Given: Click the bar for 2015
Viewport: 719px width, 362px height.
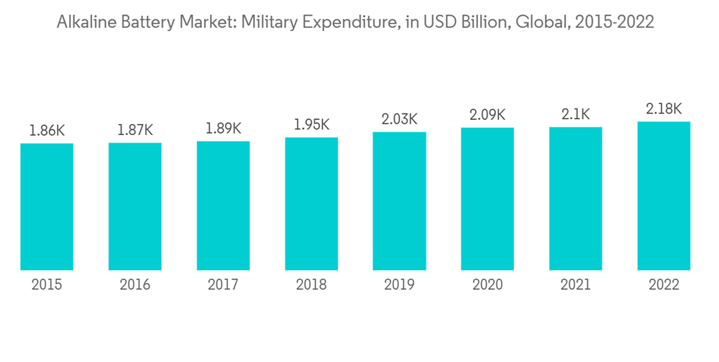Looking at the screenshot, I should (47, 207).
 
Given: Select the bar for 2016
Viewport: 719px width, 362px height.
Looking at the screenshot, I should (135, 206).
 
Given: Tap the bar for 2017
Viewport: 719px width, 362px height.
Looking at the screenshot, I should (223, 205).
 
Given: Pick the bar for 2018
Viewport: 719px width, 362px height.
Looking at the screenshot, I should (311, 204).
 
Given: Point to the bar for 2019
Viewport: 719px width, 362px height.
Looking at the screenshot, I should (399, 201).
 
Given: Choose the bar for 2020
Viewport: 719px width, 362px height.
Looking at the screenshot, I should (487, 199).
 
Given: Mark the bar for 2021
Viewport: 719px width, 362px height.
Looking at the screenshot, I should (575, 198).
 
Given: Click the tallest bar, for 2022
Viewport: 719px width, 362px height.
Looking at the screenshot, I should (664, 196).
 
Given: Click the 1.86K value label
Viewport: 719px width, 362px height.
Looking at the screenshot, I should (47, 131).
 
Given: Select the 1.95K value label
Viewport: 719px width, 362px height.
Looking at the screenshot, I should (311, 125).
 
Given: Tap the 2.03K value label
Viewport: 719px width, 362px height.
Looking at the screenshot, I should (399, 119).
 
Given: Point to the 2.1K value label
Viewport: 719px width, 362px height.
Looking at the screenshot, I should (575, 114).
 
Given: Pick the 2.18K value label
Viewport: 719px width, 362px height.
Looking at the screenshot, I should (664, 109).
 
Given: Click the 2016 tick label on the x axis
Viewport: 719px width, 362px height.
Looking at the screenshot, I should (135, 285).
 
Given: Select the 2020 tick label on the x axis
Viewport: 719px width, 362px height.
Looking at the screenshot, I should (487, 285).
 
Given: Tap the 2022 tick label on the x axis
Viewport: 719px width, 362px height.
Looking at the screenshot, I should (664, 285).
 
